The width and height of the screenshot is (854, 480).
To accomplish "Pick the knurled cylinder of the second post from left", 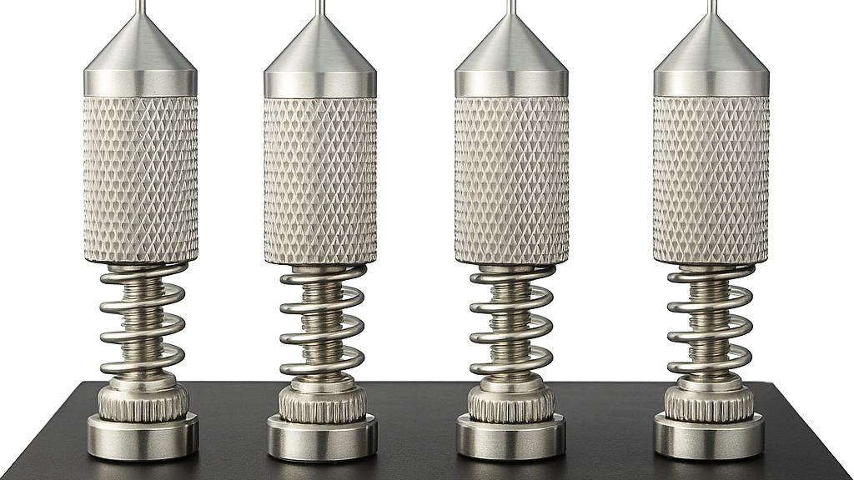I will click(320, 179).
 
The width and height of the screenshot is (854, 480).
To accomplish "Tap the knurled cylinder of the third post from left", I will click(511, 179).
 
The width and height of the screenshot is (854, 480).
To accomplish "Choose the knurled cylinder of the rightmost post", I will click(711, 179).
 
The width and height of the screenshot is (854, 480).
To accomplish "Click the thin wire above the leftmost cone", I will click(141, 7).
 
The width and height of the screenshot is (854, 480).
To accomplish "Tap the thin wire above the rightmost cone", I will click(711, 7).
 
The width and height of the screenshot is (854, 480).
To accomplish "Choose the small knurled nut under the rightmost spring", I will click(709, 402).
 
